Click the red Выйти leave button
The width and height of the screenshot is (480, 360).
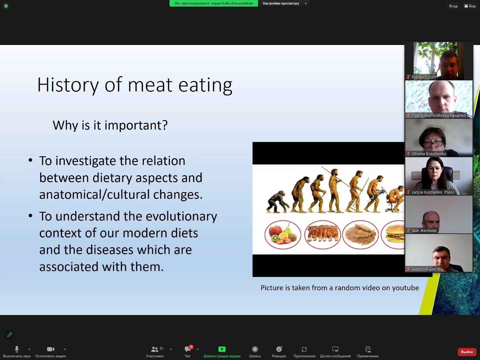467,352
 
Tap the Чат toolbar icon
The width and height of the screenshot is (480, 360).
187,349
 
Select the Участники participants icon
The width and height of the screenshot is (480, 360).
154,349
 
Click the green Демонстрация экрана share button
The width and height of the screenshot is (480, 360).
222,349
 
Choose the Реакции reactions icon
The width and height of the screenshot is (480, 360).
279,349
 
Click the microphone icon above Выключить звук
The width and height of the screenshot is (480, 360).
16,349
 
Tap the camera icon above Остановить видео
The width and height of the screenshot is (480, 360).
50,349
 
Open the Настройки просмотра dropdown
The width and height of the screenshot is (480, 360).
284,3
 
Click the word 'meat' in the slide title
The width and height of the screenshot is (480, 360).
150,85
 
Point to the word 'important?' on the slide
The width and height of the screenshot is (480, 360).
136,125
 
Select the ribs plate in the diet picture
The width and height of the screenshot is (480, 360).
322,235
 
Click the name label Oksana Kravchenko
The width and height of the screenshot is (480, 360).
429,154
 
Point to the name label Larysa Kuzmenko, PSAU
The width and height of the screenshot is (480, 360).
433,192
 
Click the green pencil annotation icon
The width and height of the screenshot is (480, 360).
10,334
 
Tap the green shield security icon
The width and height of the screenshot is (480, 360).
6,6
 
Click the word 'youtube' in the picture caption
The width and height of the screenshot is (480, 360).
405,288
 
